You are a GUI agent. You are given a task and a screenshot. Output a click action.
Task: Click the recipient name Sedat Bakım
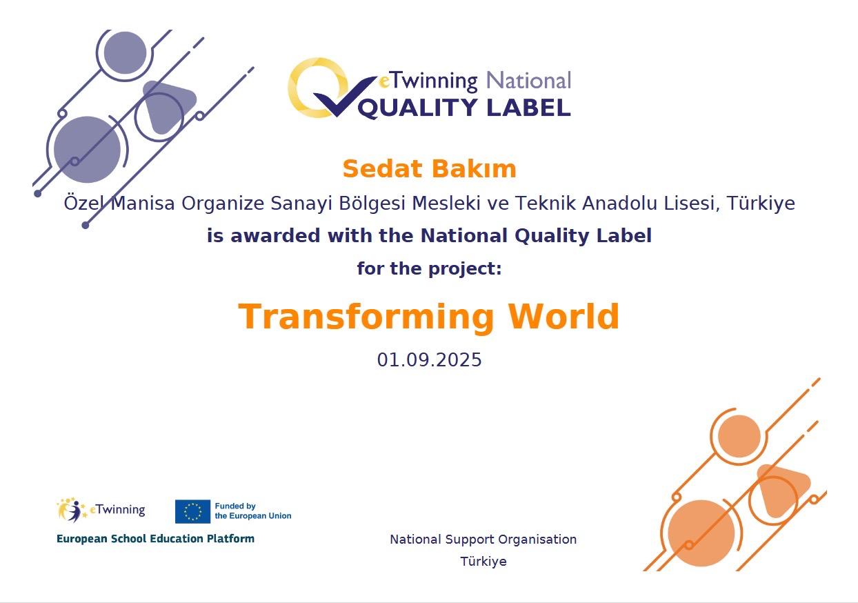tap(430, 169)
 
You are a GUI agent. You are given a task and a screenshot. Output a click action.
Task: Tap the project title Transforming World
tap(428, 317)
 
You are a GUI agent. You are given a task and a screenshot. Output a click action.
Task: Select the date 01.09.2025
tap(429, 359)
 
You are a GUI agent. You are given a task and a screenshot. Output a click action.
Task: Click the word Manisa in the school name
tap(143, 203)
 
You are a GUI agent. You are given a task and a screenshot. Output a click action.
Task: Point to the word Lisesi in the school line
tap(692, 203)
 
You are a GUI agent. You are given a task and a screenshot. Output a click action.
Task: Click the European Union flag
tap(192, 511)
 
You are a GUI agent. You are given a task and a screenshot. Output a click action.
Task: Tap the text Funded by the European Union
tap(253, 511)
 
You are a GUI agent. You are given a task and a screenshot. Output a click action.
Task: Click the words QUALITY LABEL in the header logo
tap(464, 108)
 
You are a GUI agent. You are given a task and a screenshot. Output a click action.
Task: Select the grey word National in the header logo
tap(528, 81)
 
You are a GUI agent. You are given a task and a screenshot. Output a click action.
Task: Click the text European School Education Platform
tap(155, 539)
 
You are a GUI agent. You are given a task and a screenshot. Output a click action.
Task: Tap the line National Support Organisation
tap(483, 540)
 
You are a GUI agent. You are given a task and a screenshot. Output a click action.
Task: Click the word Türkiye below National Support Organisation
tap(483, 561)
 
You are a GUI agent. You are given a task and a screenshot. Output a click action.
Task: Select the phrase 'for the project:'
tap(429, 268)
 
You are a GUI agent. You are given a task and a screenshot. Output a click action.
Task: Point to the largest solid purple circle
tap(88, 150)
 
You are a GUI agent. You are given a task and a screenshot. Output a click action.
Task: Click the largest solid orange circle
tap(701, 533)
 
